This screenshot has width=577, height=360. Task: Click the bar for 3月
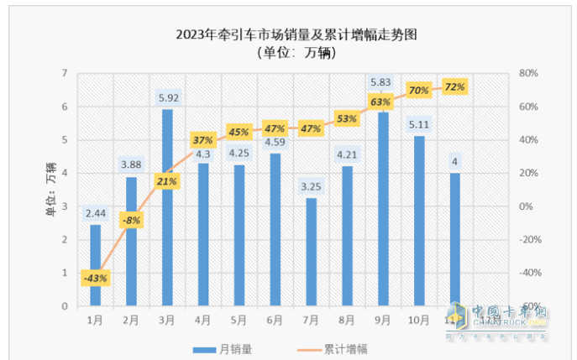coord(168,207)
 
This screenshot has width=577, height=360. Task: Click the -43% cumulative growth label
coord(95,278)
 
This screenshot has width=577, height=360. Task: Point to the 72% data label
coord(454,86)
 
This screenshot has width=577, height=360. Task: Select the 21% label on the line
coord(167,181)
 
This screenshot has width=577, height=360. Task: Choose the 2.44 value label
coord(95,213)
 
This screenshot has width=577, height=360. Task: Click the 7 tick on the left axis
coord(64,74)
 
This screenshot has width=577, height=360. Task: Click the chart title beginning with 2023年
coord(296,35)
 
